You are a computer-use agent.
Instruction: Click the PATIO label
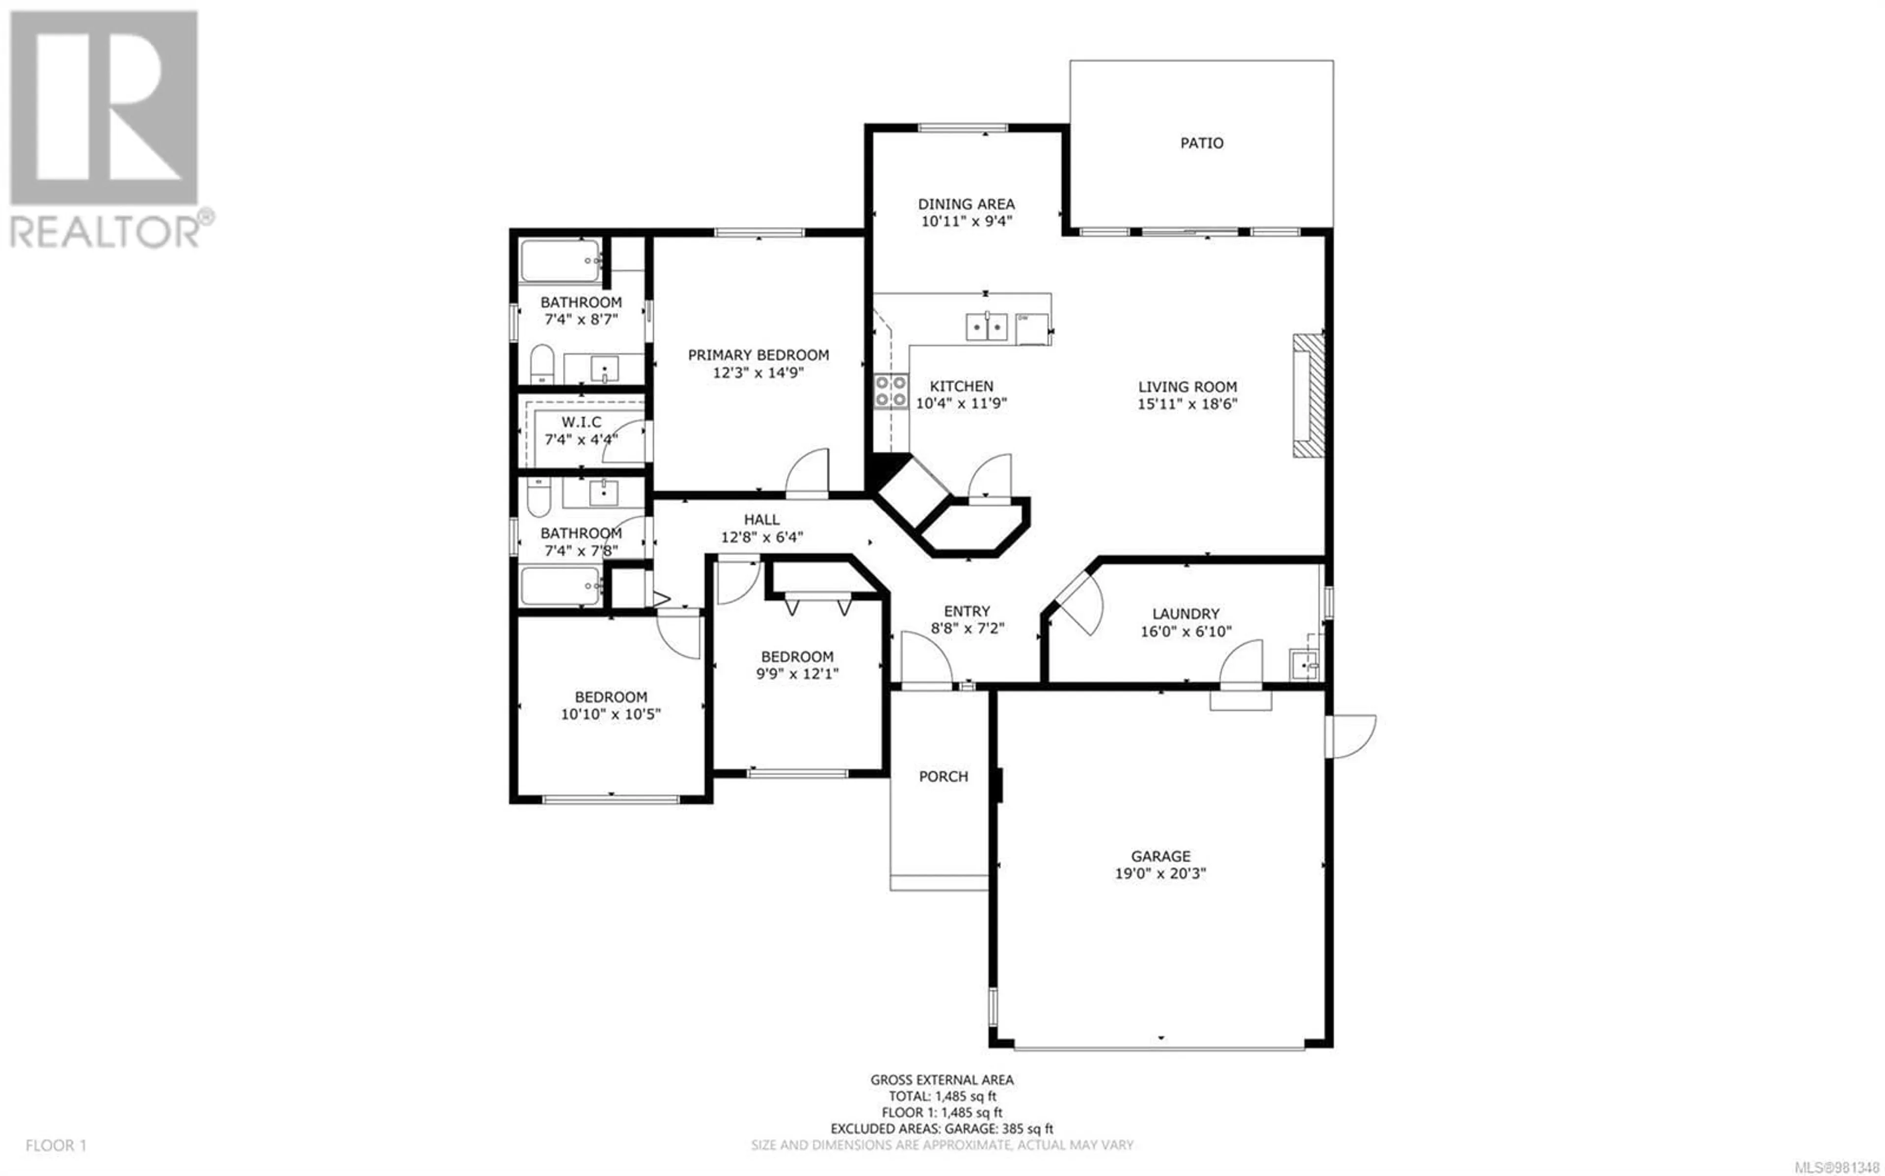click(1202, 143)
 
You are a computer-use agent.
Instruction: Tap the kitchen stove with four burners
click(891, 391)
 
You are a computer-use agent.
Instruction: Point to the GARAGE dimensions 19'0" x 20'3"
click(1160, 873)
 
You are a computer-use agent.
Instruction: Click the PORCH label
click(943, 776)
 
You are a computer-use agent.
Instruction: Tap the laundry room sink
click(1304, 665)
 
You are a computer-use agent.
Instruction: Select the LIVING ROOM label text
click(1187, 386)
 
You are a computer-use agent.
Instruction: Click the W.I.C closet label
click(581, 422)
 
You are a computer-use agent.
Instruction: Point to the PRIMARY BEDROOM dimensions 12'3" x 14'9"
click(758, 373)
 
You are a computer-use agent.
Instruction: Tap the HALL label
click(761, 519)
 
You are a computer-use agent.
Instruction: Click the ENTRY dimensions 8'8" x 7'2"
click(968, 628)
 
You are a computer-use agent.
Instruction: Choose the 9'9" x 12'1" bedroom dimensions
click(797, 673)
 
